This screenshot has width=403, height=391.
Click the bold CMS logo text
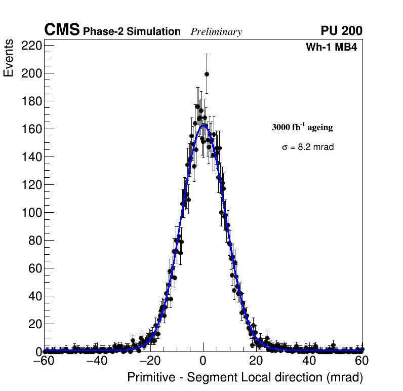(62, 30)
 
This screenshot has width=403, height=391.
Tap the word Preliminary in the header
(216, 32)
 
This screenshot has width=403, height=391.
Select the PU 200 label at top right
(341, 31)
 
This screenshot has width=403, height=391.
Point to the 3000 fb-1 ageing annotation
(302, 127)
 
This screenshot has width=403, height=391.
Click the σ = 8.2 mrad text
(308, 147)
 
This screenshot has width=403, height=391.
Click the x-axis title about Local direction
(245, 377)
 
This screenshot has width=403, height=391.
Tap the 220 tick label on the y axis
(31, 46)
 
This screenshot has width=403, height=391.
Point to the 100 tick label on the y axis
(31, 213)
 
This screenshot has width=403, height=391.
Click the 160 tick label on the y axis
(31, 129)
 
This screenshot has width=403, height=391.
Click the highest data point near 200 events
(207, 74)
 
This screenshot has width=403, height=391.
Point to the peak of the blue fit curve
(203, 124)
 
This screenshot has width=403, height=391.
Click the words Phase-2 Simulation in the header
(132, 32)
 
